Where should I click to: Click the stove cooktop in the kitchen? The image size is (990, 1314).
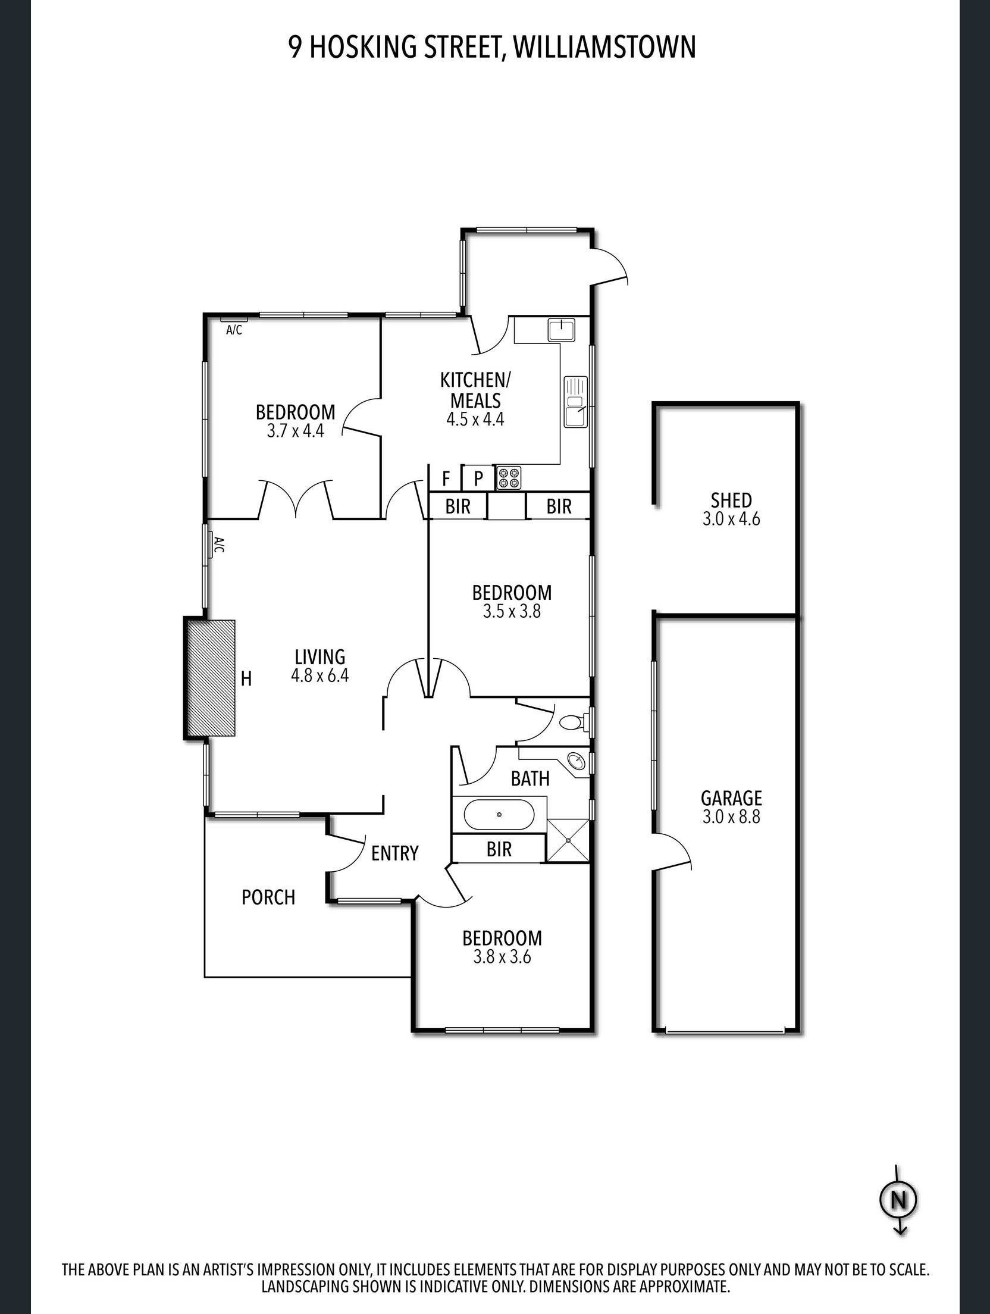[509, 477]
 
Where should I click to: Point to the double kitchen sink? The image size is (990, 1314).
[575, 402]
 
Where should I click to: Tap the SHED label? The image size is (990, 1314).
[731, 499]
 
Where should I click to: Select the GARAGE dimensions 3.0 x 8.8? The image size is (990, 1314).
[731, 816]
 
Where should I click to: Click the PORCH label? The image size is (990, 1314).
[268, 897]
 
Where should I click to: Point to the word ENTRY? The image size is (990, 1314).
[395, 853]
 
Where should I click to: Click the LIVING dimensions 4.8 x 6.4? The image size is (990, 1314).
[320, 676]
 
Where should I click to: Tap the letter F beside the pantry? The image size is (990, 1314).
[446, 478]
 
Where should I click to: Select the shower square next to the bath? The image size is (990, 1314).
[568, 840]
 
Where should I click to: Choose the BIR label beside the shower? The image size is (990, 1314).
[499, 849]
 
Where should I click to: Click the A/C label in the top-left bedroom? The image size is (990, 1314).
[234, 330]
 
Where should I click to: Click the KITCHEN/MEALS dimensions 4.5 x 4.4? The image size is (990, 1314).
[475, 419]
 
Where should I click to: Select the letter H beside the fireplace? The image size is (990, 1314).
[246, 678]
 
